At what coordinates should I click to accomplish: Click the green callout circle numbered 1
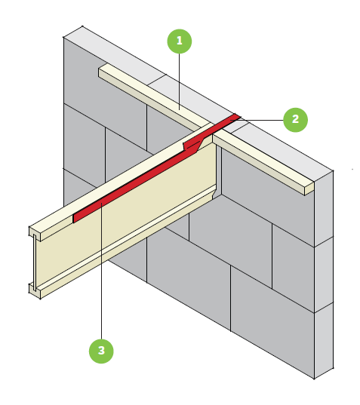point(180,41)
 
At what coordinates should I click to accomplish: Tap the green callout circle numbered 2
point(295,120)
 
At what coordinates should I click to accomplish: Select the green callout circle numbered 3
point(101,351)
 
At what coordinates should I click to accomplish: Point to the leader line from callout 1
point(180,81)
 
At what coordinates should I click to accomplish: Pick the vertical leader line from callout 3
point(102,271)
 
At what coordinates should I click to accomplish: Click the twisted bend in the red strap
point(192,146)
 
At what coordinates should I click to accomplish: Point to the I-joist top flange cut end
point(35,234)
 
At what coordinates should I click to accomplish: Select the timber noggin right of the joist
point(263,163)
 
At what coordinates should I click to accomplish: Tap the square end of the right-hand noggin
point(309,189)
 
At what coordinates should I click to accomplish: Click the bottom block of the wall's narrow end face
point(324,340)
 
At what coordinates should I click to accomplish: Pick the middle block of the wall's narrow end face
point(324,275)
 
